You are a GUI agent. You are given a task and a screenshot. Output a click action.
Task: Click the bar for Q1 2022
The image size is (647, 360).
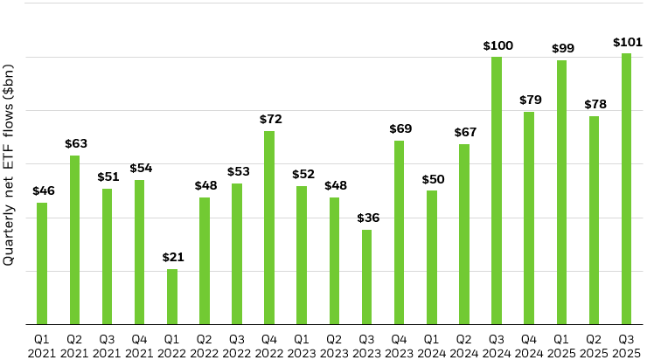point(172,296)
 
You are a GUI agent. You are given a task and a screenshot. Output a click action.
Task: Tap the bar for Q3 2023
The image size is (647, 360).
point(366,277)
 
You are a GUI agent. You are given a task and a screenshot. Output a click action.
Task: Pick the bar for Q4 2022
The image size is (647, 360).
point(269,227)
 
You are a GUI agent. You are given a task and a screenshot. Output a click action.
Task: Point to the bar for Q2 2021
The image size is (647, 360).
point(75,239)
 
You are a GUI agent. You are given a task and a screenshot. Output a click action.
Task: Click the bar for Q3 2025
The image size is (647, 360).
point(626,189)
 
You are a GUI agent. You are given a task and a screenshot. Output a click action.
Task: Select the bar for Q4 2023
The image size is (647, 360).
point(399,232)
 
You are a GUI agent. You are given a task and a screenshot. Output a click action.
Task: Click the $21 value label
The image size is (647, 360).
point(172,257)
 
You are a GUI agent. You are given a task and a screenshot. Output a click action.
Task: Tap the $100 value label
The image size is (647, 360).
point(497,45)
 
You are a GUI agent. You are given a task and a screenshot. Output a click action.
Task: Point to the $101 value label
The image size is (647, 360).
point(627,41)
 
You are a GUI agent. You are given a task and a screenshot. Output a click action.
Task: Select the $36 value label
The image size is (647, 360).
point(366,218)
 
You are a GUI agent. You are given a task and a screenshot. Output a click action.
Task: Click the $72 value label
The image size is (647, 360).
point(269,119)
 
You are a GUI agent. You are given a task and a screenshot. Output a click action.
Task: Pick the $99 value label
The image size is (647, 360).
point(561,48)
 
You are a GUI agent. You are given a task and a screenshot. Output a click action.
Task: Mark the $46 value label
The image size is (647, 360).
point(42,190)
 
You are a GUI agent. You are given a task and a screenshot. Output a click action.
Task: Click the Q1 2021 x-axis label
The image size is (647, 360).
point(42,344)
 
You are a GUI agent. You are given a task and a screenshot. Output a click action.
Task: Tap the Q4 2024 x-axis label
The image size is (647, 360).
point(529,344)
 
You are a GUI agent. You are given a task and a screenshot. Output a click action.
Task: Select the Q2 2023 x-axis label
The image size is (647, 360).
point(334,344)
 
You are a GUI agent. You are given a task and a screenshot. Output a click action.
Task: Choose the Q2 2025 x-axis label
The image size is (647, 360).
point(594,344)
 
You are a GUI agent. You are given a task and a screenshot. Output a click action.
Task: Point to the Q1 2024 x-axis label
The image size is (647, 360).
point(432,344)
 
